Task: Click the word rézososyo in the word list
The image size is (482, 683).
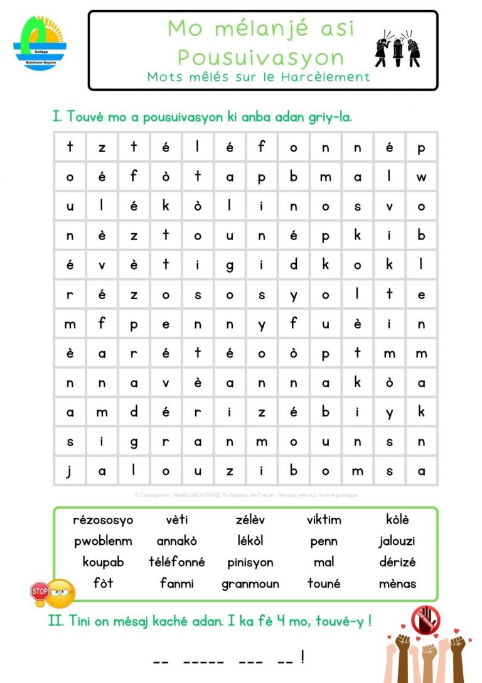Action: coord(103,520)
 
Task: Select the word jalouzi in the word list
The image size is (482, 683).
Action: coord(397,541)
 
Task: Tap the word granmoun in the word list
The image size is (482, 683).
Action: coord(250,584)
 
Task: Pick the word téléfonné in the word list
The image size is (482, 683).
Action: coord(176,562)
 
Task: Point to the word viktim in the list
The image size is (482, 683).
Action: coord(324,520)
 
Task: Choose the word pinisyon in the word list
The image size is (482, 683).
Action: coord(250,562)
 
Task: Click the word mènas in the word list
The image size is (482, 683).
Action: coord(397,584)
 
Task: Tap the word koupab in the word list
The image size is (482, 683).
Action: coord(103,562)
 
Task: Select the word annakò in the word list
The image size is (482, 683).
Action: coord(176,541)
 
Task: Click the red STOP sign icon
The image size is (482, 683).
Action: coord(40,591)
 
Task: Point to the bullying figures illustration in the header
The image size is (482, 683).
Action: coord(397,50)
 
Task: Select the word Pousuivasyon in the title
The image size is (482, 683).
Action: coord(260,58)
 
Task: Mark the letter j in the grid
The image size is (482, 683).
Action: coord(70,470)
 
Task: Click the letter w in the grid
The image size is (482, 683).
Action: coord(421,177)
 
